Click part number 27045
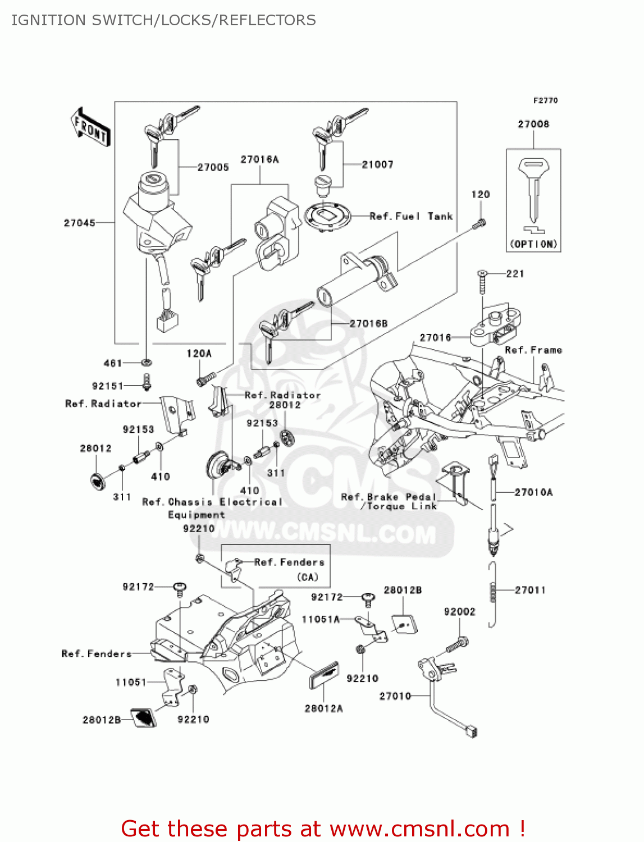pyautogui.click(x=79, y=223)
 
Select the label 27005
pyautogui.click(x=213, y=167)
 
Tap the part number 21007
pyautogui.click(x=377, y=164)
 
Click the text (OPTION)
pyautogui.click(x=533, y=244)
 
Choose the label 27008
pyautogui.click(x=533, y=124)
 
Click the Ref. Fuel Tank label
pyautogui.click(x=411, y=216)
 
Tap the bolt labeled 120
pyautogui.click(x=480, y=223)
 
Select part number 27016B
pyautogui.click(x=368, y=323)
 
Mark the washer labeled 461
pyautogui.click(x=147, y=363)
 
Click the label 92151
pyautogui.click(x=107, y=386)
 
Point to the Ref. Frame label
pyautogui.click(x=533, y=350)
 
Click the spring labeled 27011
pyautogui.click(x=493, y=592)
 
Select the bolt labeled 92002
pyautogui.click(x=457, y=645)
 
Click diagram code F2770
pyautogui.click(x=545, y=100)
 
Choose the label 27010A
pyautogui.click(x=533, y=492)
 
